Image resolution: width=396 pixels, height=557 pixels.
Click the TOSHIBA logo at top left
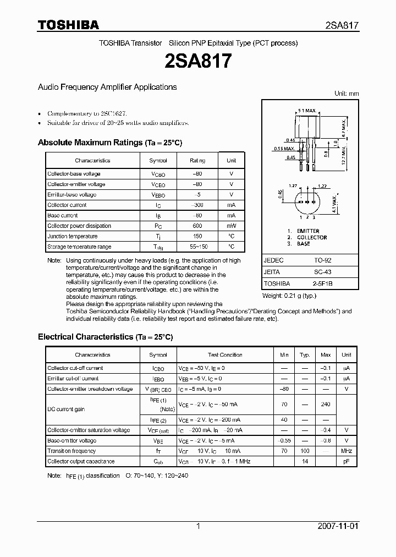[68, 25]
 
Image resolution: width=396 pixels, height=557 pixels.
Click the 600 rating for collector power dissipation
[197, 226]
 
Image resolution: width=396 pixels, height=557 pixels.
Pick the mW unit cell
[231, 226]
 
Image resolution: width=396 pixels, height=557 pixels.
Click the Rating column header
[197, 161]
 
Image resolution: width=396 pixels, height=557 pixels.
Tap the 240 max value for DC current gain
[326, 405]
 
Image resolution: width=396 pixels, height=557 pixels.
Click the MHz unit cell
[346, 451]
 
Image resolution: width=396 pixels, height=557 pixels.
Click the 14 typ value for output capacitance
[305, 461]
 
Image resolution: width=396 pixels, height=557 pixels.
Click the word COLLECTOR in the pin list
[312, 237]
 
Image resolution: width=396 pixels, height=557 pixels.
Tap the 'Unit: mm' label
[346, 94]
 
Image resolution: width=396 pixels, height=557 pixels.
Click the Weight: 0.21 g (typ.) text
[290, 296]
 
